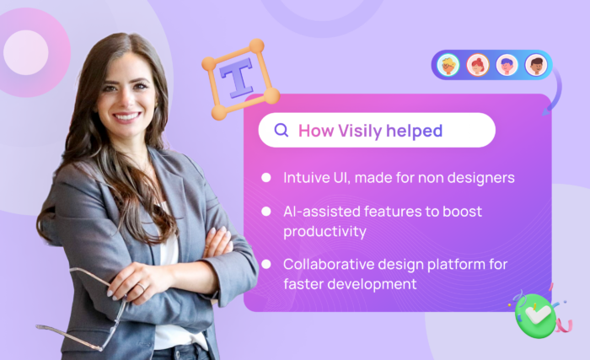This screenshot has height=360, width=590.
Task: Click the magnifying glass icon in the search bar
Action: (282, 130)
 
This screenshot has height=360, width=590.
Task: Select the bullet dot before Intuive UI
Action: (266, 178)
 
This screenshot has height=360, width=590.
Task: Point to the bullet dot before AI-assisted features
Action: (266, 211)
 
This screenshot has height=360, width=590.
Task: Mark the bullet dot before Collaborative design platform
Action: (266, 264)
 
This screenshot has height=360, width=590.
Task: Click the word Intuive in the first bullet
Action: (306, 178)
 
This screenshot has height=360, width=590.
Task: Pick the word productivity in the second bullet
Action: (324, 230)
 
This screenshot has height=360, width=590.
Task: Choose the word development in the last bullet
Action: (373, 284)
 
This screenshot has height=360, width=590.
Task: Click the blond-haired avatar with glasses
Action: (449, 65)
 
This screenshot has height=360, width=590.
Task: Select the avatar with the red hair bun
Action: (478, 65)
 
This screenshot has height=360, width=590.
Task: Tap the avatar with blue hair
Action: (507, 65)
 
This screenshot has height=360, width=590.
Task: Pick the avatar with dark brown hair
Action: (535, 65)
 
